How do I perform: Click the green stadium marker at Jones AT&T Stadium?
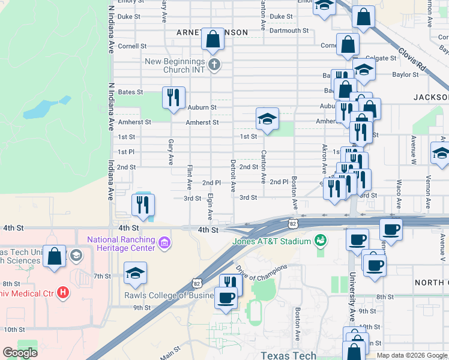(x=321, y=241)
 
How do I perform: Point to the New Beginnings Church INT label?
(x=175, y=65)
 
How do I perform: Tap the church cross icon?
(x=214, y=65)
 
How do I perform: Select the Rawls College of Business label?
(x=169, y=295)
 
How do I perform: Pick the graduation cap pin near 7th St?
(x=136, y=272)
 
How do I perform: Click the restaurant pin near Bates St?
(x=173, y=97)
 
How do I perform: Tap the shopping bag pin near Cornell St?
(x=213, y=39)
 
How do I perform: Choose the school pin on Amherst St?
(x=267, y=118)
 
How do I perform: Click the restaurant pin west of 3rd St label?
(x=143, y=205)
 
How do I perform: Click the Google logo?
(x=20, y=353)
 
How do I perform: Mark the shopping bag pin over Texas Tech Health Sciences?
(x=54, y=257)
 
